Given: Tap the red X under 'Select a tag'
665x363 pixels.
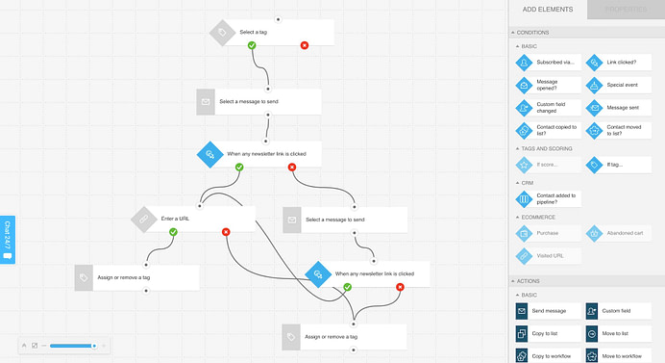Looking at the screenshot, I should point(305,45).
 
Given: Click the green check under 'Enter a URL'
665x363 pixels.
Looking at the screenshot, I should point(173,232).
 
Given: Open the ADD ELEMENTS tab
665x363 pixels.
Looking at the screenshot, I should point(547,10).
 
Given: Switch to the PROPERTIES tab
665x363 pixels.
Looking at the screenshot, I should point(625,10).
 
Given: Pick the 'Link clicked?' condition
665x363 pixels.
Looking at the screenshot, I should point(619,63).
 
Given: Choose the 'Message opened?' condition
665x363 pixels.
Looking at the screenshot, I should point(548,85).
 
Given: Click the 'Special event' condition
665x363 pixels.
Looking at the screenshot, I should point(619,85).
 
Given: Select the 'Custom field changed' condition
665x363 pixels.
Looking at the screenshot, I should point(548,107).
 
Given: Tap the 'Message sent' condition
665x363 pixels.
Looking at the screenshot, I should point(619,107).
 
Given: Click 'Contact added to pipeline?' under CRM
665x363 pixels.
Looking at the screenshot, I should point(548,198).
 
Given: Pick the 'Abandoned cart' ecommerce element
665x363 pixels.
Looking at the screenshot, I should point(619,232).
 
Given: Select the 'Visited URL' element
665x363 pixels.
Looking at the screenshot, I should point(548,255).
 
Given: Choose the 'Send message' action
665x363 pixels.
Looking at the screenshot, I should point(548,311).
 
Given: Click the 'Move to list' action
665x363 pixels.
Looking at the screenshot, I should point(619,333).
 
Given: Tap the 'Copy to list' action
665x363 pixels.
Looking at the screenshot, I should point(548,333).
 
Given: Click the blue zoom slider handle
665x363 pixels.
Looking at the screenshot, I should point(93,345).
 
